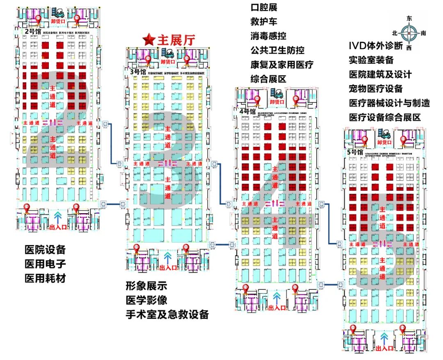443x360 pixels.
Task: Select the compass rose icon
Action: coord(409,33)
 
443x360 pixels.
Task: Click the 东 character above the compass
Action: coord(409,18)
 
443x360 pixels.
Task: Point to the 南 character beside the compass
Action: coord(423,33)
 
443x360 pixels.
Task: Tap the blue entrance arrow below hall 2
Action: coord(57,214)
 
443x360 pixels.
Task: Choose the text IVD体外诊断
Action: coord(376,45)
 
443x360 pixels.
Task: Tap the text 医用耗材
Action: coord(45,278)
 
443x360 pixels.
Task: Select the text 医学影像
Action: coord(146,300)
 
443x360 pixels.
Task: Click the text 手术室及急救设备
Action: coord(167,314)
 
